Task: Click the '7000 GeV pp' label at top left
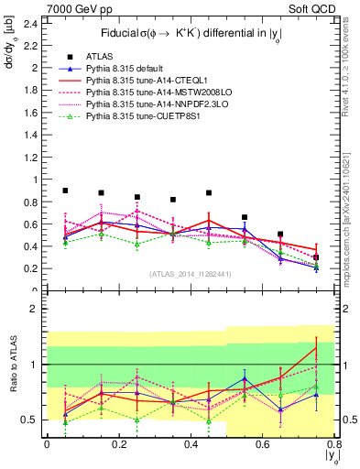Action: coord(38,8)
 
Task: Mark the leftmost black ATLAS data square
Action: coord(64,191)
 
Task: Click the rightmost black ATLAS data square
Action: coord(316,257)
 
